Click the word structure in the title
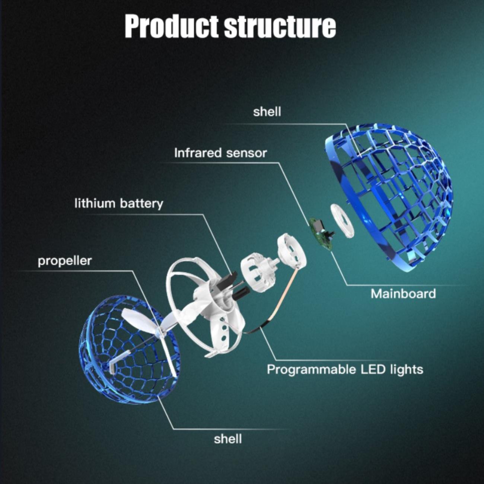point(280,26)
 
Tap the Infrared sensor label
point(220,153)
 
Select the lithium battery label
point(119,204)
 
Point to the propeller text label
point(64,261)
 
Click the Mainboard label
point(403,294)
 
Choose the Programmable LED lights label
point(345,369)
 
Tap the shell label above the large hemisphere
point(267,112)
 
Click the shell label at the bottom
point(228,439)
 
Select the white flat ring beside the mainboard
point(342,221)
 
